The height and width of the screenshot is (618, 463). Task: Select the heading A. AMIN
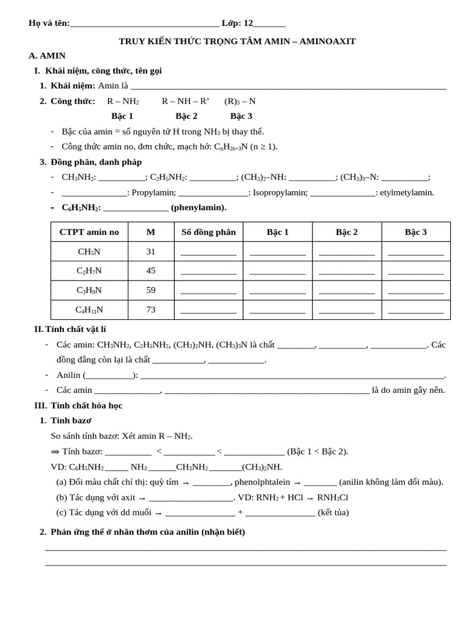click(x=47, y=56)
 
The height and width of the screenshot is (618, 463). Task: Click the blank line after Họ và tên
click(x=144, y=24)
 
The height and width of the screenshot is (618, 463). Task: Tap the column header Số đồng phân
click(x=209, y=232)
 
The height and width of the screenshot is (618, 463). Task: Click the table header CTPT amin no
click(x=89, y=232)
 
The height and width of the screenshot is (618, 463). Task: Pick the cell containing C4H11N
click(x=89, y=310)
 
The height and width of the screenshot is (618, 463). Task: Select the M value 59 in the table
click(x=151, y=290)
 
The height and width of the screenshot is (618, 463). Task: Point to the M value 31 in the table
click(x=151, y=252)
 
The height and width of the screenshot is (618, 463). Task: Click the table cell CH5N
click(x=89, y=252)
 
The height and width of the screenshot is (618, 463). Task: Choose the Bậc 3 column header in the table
click(x=415, y=232)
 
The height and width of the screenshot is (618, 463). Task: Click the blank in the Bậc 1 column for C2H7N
click(x=277, y=272)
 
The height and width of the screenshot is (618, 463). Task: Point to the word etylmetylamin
click(x=407, y=193)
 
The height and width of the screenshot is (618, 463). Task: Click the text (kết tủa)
click(x=333, y=512)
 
